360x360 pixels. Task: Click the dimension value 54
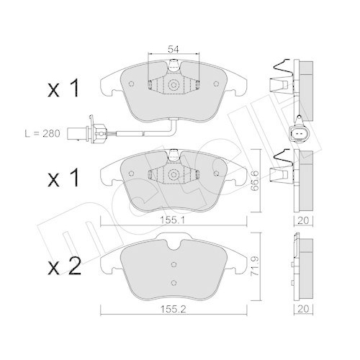tap(174, 50)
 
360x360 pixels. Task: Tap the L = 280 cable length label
tap(42, 133)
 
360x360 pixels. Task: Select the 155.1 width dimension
tap(173, 220)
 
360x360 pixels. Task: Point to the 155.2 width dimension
tap(173, 309)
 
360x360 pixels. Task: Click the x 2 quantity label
tap(64, 267)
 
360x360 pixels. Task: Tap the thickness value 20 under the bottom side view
tap(303, 309)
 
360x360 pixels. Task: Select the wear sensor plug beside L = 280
tap(86, 132)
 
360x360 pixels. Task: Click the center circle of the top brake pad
tap(174, 85)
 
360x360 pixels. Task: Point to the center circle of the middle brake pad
tap(174, 174)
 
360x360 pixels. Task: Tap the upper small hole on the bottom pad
tap(174, 264)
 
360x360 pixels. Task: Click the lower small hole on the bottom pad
tap(174, 283)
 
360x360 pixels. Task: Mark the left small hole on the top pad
tap(131, 84)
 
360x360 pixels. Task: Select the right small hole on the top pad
tap(216, 84)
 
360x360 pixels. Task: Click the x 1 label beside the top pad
tap(63, 89)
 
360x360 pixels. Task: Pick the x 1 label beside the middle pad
tap(63, 178)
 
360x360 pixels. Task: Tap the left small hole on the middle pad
tap(131, 174)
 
